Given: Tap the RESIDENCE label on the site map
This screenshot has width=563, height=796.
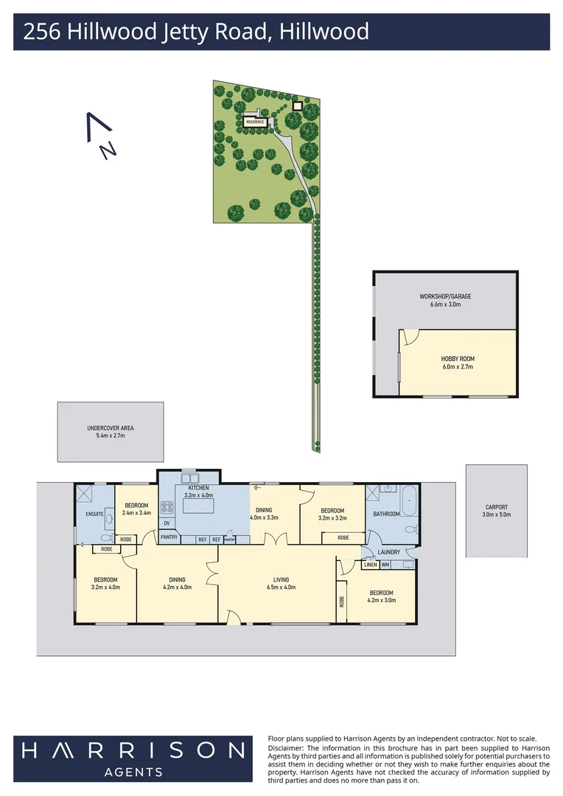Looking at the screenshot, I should pos(256,122).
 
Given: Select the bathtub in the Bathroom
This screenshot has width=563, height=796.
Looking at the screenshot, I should pos(410,502).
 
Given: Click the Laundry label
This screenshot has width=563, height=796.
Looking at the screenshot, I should pos(388,552).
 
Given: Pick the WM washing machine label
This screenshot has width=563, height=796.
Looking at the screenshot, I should pos(385,565).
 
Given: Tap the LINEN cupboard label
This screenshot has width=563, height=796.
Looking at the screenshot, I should pos(370,565).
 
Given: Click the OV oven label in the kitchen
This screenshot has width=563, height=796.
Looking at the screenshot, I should pos(167,524).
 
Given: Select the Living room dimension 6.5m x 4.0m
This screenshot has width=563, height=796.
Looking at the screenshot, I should pos(280,588).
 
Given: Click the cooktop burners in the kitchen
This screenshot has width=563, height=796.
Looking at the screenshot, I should pos(167,507).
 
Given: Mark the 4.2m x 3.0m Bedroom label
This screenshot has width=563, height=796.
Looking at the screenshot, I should pos(381,596).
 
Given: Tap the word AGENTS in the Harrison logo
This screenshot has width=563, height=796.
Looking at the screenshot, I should pos(133,771).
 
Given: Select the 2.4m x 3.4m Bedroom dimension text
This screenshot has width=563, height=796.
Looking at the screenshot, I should pos(136,512).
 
